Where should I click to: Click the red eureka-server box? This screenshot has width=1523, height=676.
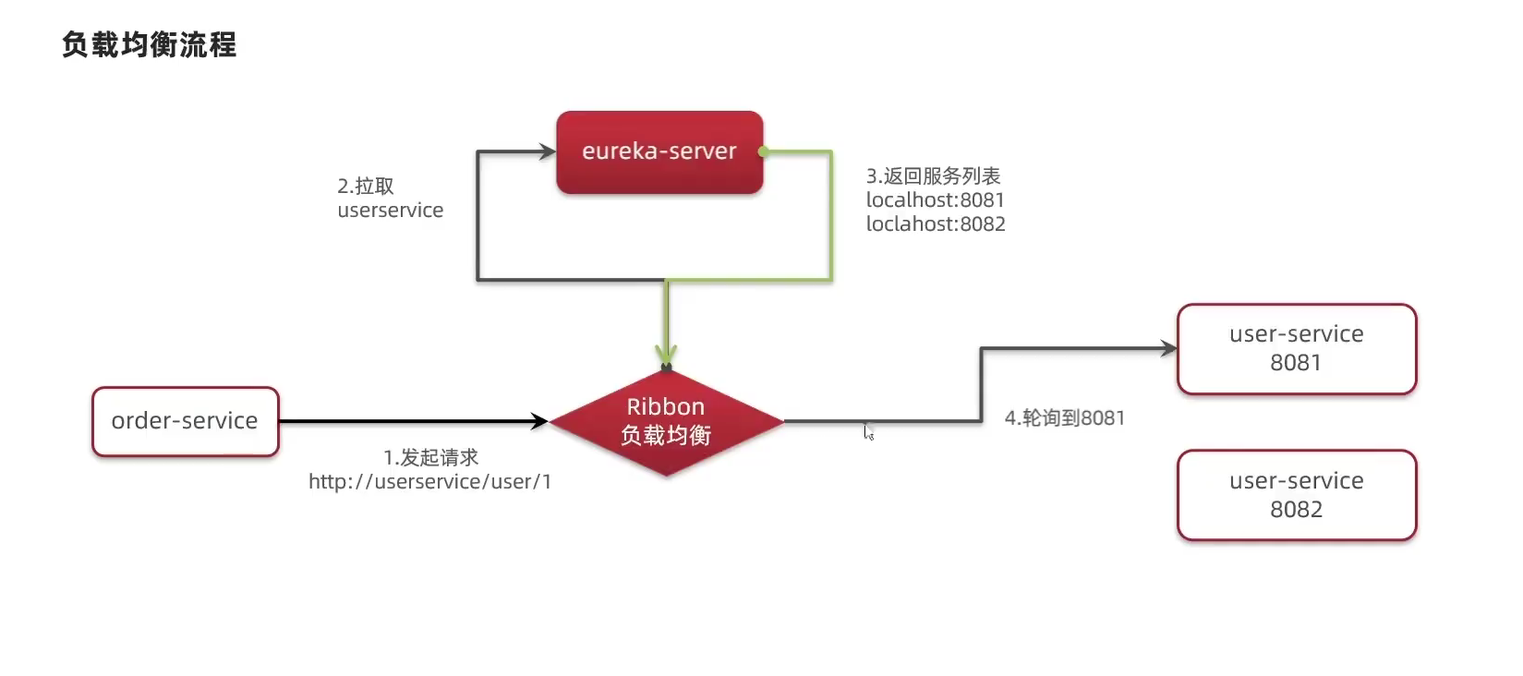(x=659, y=152)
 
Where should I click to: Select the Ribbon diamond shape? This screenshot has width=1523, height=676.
(x=666, y=422)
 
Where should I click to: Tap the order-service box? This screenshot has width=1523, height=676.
(x=185, y=421)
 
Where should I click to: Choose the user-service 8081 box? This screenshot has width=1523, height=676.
(x=1296, y=348)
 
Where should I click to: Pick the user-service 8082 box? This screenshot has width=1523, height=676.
(x=1296, y=495)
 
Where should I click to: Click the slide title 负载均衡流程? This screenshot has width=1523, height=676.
(x=150, y=44)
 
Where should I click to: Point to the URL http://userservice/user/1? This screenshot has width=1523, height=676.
(x=429, y=482)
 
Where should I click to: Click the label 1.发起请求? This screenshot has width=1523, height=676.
(x=430, y=457)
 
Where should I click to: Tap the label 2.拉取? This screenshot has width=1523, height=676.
(x=366, y=186)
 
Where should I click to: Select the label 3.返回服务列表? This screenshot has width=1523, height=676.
(x=933, y=175)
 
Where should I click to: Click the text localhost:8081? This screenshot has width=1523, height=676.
(x=935, y=199)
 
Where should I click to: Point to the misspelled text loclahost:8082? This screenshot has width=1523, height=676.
(x=935, y=223)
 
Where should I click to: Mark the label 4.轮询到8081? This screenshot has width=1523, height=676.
(x=1064, y=417)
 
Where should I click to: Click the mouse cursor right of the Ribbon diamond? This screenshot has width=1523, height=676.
(x=868, y=431)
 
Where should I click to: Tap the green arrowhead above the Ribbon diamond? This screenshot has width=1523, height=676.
(x=666, y=356)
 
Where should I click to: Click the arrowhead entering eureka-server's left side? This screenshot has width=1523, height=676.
(x=548, y=151)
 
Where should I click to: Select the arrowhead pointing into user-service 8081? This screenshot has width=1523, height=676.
(x=1169, y=348)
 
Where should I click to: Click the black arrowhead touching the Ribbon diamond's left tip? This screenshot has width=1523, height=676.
(x=540, y=421)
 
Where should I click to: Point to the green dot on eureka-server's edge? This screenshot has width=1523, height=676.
(x=763, y=151)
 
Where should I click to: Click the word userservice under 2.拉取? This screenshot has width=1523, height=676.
(x=390, y=211)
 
